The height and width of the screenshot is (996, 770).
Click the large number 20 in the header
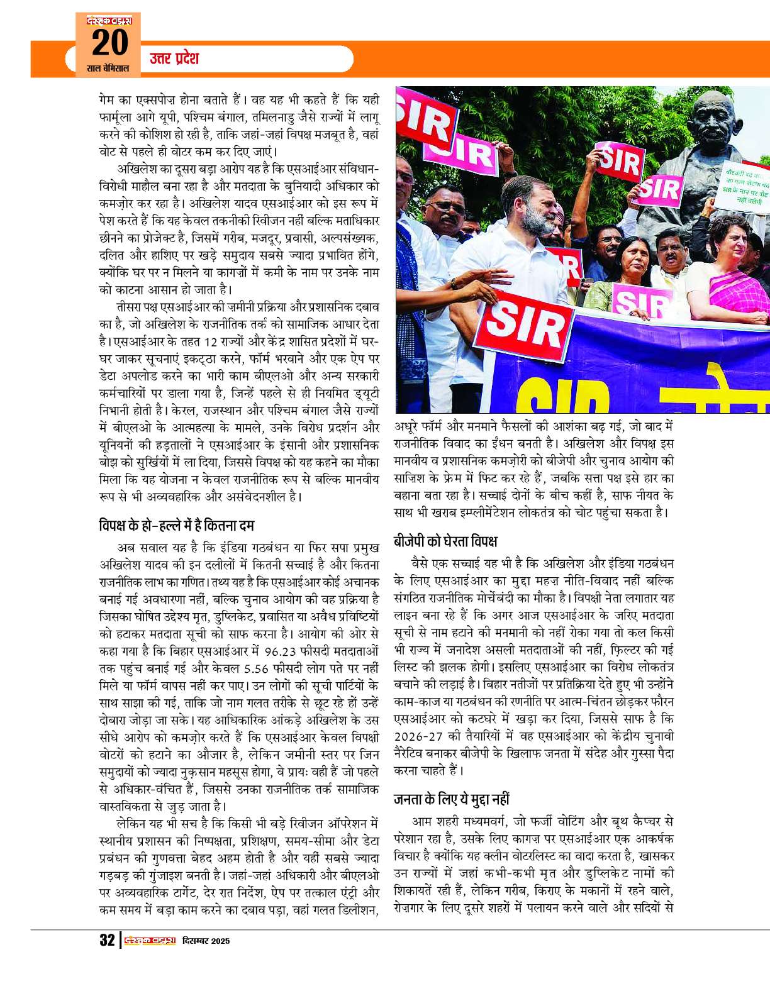[110, 43]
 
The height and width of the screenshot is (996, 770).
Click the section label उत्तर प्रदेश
[174, 58]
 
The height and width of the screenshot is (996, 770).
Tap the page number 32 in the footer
[107, 940]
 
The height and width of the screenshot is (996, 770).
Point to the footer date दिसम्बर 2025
[206, 941]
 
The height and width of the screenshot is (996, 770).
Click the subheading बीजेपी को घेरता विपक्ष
[445, 541]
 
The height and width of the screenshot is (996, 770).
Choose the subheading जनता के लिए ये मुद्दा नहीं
[451, 799]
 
